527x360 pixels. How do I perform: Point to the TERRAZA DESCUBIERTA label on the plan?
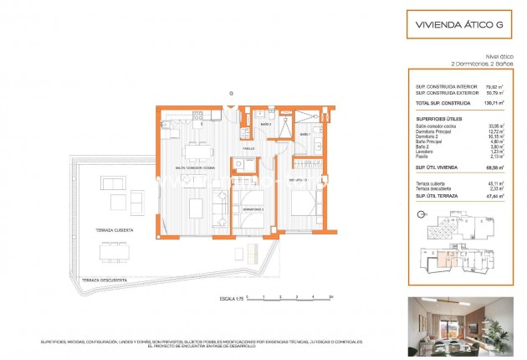(x=98, y=280)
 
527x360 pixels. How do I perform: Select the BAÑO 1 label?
(x=304, y=134)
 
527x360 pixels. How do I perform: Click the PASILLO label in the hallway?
(x=248, y=149)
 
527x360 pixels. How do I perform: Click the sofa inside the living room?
(x=222, y=201)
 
